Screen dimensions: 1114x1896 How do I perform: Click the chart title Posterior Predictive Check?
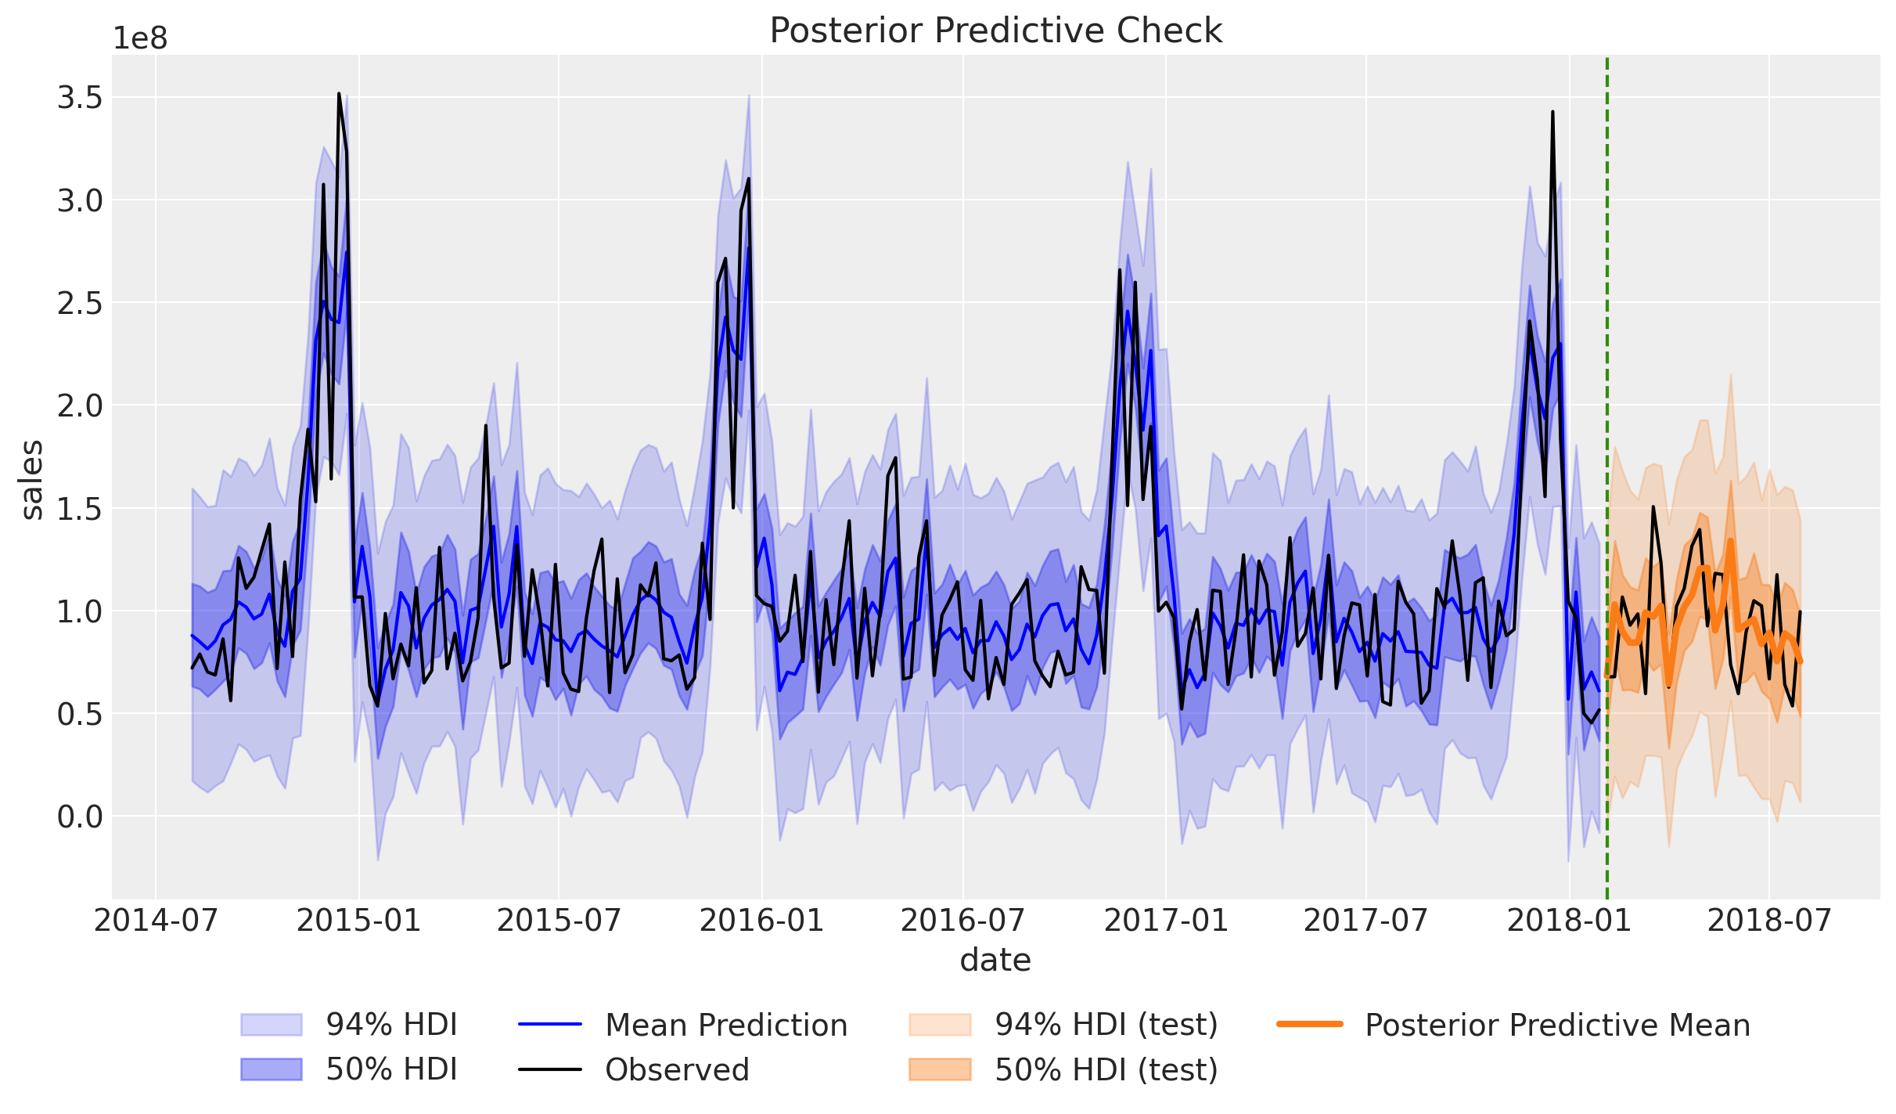(x=995, y=31)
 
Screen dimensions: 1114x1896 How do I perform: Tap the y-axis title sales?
(x=32, y=479)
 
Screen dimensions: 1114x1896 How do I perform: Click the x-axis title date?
(x=995, y=960)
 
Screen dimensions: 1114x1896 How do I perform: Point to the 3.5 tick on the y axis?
(x=80, y=99)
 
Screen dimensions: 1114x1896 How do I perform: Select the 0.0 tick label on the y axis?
(x=80, y=817)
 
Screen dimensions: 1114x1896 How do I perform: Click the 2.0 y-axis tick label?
(x=80, y=406)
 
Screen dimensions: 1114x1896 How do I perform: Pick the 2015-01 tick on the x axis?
(x=359, y=921)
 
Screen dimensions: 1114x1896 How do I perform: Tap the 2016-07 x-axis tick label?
(x=962, y=921)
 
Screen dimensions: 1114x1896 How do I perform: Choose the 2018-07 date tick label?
(x=1769, y=921)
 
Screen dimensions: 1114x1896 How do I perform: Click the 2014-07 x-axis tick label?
(x=156, y=921)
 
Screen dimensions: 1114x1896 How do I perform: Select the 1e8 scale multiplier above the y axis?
(x=140, y=38)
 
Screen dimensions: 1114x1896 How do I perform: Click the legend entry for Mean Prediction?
(x=725, y=1026)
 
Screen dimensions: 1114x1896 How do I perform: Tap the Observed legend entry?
(x=677, y=1070)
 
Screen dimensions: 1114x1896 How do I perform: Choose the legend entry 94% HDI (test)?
(x=1106, y=1025)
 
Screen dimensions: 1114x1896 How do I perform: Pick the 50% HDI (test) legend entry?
(x=1106, y=1070)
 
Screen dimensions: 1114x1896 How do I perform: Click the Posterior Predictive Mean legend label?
(x=1557, y=1026)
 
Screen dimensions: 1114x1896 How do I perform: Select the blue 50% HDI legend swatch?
(x=271, y=1069)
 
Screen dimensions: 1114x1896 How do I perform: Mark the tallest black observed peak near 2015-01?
(x=339, y=94)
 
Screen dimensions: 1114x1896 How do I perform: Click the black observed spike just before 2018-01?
(x=1552, y=113)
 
